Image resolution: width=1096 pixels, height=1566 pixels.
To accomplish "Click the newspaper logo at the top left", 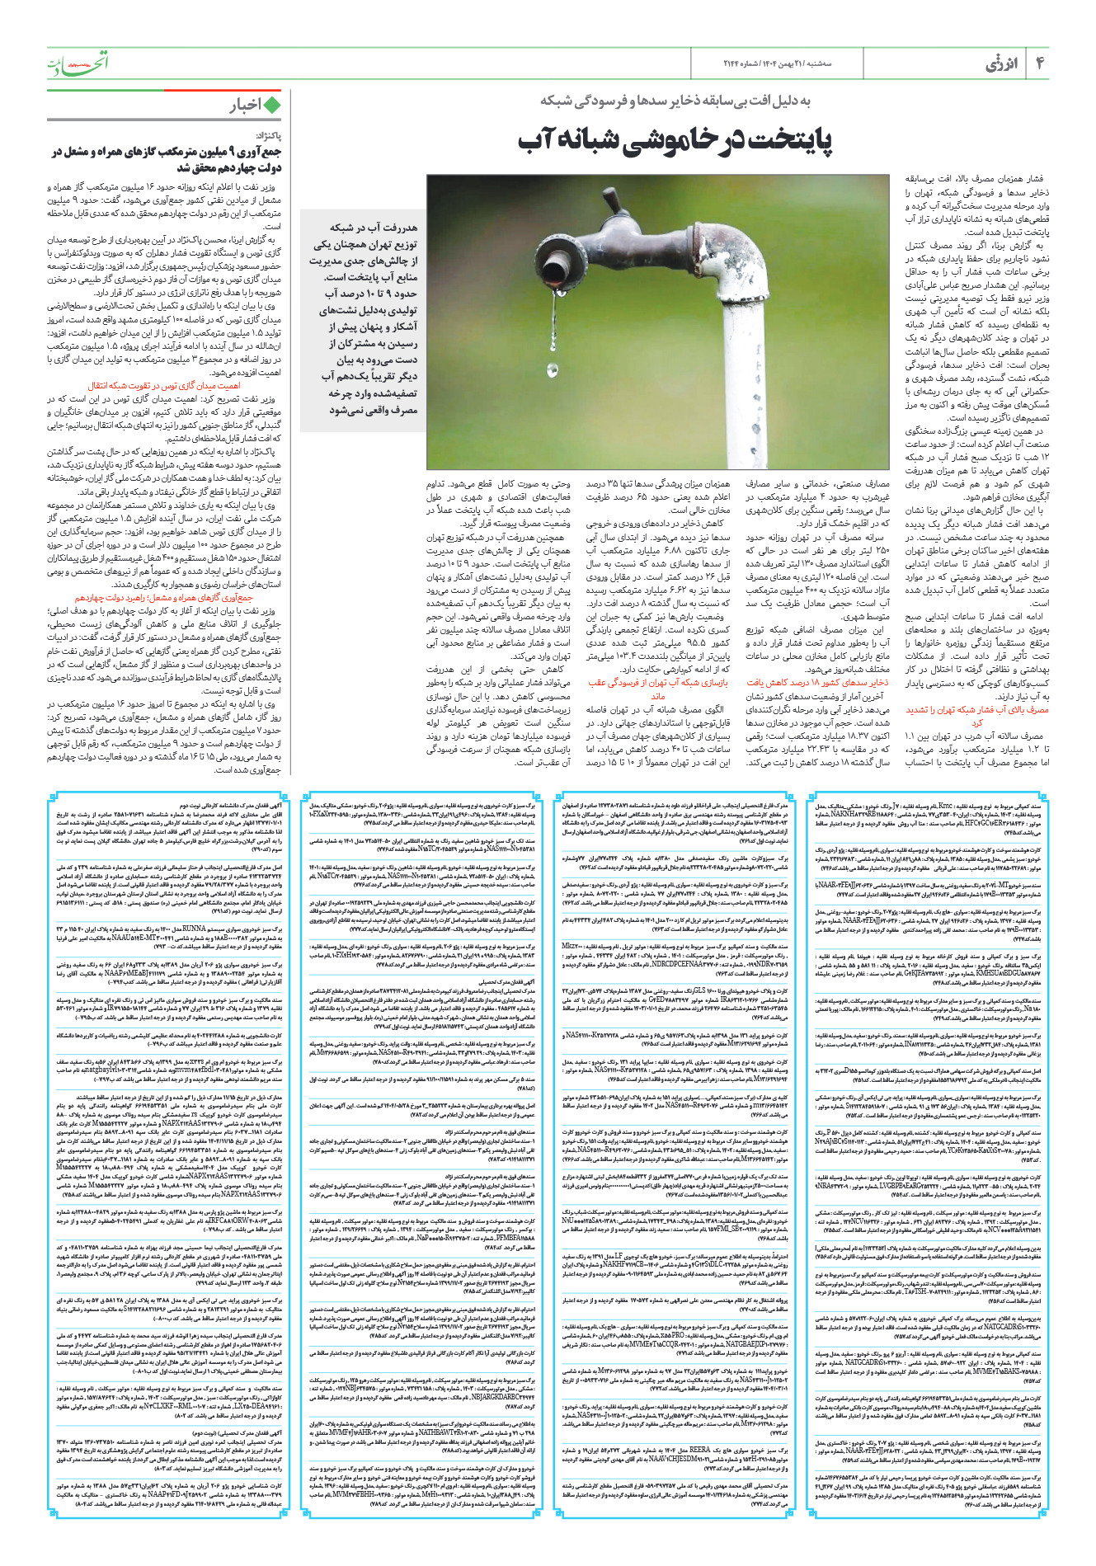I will (x=78, y=63).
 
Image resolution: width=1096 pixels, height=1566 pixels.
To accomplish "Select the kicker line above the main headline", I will (x=675, y=101).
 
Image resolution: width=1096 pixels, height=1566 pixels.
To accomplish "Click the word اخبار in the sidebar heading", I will (x=245, y=105).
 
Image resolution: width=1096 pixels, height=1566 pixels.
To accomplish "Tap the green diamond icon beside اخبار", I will (x=272, y=105).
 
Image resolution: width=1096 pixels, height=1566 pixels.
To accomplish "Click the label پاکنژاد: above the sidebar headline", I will (x=267, y=135).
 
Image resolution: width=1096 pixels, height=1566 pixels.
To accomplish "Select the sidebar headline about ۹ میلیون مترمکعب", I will (x=166, y=159).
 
